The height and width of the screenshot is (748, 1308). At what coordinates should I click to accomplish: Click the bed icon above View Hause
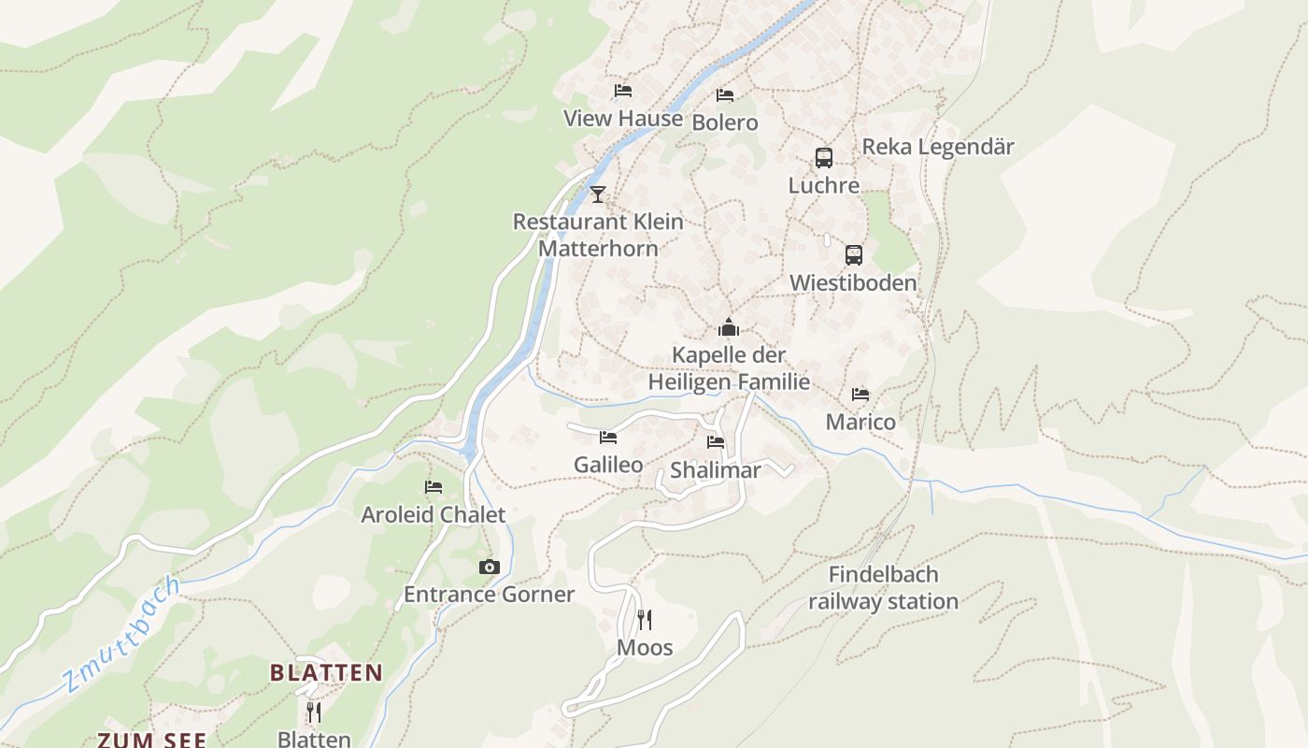point(623,91)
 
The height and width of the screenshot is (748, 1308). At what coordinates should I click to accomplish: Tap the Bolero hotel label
point(725,122)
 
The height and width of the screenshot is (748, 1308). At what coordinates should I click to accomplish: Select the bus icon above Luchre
point(823,158)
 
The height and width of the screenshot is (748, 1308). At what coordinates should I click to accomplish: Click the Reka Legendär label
point(937,147)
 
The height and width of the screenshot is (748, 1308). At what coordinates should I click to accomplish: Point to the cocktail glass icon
point(598,194)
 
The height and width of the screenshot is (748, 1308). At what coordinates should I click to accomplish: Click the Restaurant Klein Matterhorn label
point(598,235)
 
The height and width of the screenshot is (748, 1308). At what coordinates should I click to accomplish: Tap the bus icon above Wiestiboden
point(853,255)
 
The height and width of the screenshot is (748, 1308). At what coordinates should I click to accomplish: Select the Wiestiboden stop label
point(853,282)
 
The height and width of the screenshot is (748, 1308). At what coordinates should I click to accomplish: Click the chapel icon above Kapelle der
point(729,327)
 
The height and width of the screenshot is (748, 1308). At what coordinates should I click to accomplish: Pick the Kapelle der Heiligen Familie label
point(729,368)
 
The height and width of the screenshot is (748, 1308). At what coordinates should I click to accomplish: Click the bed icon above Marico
point(860,395)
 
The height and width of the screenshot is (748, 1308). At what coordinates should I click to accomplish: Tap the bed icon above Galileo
point(608,438)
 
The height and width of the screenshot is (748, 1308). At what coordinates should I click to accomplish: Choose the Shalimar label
point(716,470)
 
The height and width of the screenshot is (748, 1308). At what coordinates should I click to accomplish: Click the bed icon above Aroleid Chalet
point(434,487)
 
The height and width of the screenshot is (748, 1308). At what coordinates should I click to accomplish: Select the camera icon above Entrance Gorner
point(489,568)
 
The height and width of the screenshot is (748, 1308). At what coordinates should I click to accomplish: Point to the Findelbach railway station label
point(883,587)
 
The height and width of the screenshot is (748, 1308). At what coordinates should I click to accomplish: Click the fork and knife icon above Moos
point(645,619)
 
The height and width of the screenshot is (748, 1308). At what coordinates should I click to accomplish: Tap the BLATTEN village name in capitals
point(326,672)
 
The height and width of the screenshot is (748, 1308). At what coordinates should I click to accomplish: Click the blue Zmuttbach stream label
point(121,633)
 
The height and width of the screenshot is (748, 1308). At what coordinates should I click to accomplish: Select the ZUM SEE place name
point(151,739)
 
